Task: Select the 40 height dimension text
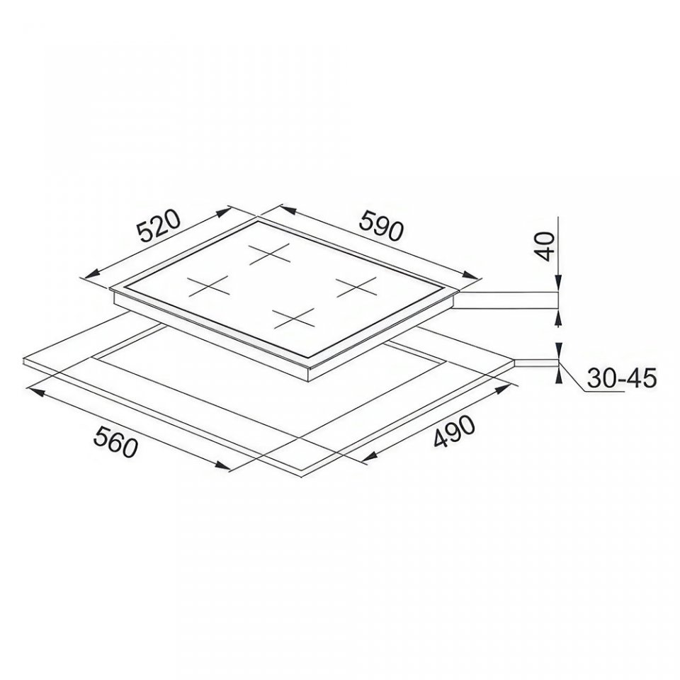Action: (x=547, y=246)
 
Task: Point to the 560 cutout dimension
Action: (x=115, y=441)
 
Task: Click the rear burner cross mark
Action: (x=269, y=253)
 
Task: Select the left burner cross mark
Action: (x=208, y=286)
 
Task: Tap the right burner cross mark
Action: (x=356, y=287)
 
